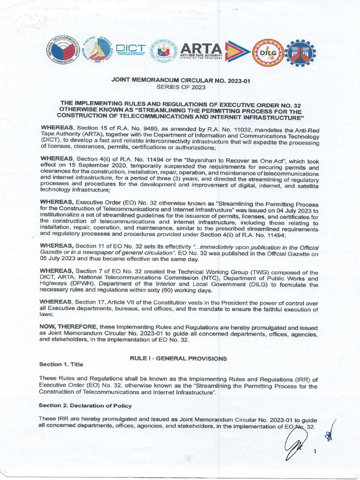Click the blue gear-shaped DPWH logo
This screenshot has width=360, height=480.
[301, 52]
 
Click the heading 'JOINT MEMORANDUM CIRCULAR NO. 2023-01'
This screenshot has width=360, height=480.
[180, 81]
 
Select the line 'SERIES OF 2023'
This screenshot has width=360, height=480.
[180, 87]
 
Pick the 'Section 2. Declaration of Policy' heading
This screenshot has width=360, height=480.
[85, 405]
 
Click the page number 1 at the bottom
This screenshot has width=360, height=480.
[315, 451]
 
